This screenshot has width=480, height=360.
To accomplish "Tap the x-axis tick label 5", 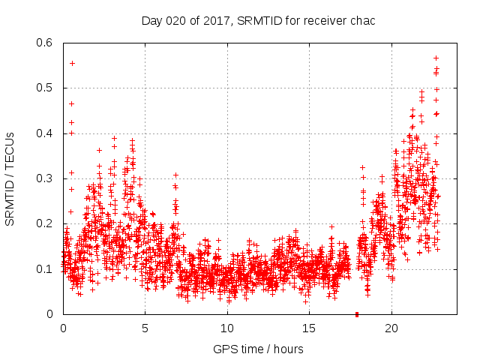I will click(x=145, y=328).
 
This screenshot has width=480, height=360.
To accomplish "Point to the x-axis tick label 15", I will click(x=309, y=328).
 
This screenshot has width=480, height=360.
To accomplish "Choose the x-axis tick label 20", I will click(x=391, y=328).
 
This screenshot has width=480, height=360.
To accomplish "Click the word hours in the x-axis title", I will click(x=288, y=349).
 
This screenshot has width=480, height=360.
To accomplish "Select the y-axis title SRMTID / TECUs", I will click(x=10, y=178).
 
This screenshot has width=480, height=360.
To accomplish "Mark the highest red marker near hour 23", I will click(x=436, y=58).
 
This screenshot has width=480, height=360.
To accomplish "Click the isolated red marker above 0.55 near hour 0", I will click(x=72, y=63).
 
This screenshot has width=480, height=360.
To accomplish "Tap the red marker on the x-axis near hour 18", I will click(x=357, y=314).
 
